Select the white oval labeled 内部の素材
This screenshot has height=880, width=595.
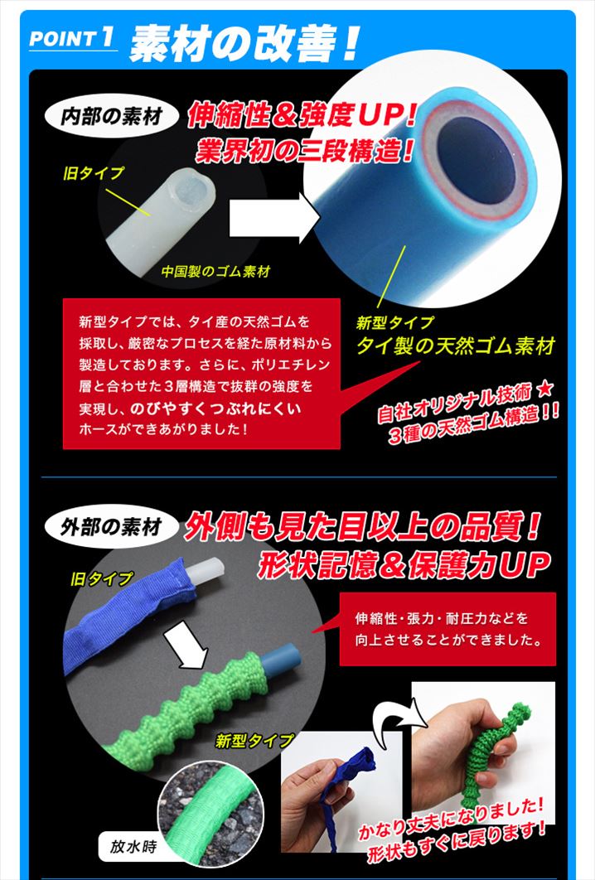tap(111, 116)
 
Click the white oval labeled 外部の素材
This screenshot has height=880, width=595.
tap(111, 527)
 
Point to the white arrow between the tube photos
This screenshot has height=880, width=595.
tap(274, 218)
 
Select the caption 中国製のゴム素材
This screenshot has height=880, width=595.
tap(216, 272)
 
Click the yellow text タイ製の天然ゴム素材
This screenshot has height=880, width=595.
tap(456, 346)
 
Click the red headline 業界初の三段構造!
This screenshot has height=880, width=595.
tap(304, 151)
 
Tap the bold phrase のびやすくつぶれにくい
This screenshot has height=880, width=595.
tap(215, 409)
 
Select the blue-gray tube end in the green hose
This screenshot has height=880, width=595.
tap(282, 662)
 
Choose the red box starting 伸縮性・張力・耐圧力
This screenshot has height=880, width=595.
tap(447, 629)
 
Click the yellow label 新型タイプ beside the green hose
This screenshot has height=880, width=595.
tap(254, 741)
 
